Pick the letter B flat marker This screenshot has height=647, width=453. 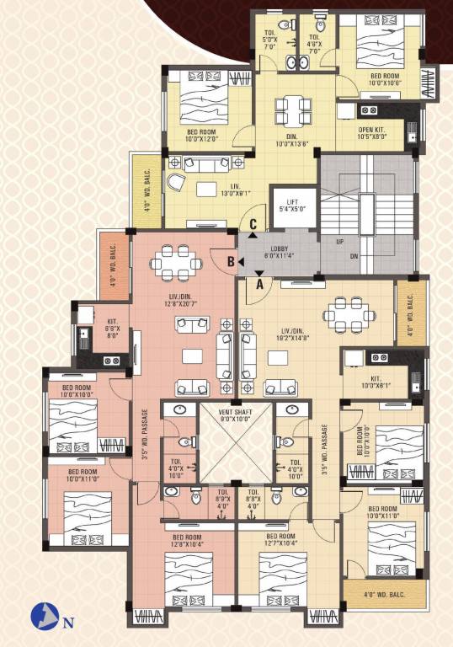click(229, 262)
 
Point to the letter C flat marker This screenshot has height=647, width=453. click(253, 225)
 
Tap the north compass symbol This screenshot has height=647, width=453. click(41, 618)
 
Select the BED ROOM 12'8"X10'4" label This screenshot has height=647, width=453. click(190, 541)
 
